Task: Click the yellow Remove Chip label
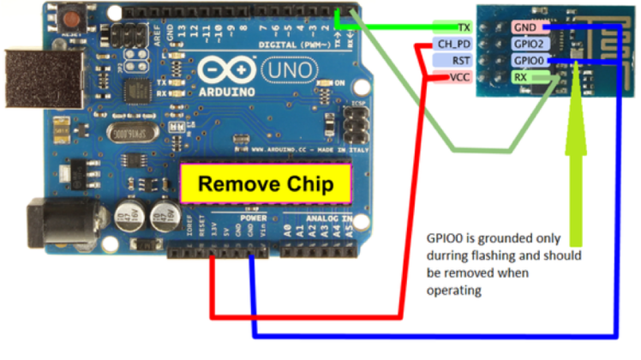tap(266, 183)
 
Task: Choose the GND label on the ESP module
tap(524, 27)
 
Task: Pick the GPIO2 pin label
tap(527, 44)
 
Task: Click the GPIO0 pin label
tap(527, 60)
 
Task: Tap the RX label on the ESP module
tap(520, 77)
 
